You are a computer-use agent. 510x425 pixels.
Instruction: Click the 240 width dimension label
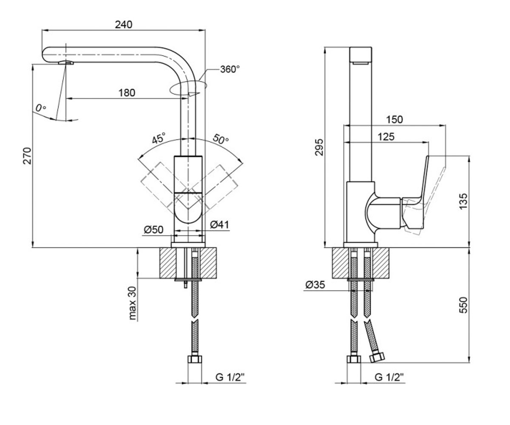[x=124, y=25]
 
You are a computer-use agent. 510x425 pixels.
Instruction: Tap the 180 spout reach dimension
[x=127, y=93]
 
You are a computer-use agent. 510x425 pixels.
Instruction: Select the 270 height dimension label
[x=27, y=156]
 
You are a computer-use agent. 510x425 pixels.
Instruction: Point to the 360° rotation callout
[x=230, y=69]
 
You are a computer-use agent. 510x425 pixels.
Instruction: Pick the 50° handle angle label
[x=221, y=139]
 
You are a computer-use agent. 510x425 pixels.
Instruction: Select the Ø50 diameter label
[x=153, y=229]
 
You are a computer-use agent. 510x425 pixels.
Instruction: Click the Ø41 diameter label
[x=220, y=225]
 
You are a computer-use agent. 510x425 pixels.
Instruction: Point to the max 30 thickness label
[x=132, y=303]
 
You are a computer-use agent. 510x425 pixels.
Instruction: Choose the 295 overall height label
[x=319, y=147]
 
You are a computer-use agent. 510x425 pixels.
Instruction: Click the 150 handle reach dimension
[x=394, y=120]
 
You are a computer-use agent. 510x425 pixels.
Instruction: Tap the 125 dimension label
[x=386, y=137]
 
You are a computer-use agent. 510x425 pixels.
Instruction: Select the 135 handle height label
[x=463, y=201]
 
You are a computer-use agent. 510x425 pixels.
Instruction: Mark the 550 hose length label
[x=463, y=305]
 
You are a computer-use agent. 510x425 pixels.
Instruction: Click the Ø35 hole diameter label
[x=315, y=285]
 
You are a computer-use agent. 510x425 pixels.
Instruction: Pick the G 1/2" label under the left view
[x=230, y=377]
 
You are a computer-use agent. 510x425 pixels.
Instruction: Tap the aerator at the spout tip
[x=66, y=62]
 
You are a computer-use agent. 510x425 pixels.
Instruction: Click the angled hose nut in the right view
[x=377, y=358]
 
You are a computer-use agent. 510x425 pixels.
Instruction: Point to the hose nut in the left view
[x=195, y=359]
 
